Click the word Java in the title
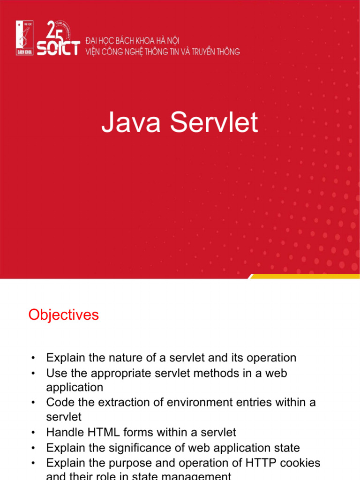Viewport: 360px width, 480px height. (131, 123)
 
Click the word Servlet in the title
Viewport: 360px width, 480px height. (213, 123)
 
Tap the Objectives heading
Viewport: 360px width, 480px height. (63, 315)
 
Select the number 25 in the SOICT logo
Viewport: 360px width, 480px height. (54, 30)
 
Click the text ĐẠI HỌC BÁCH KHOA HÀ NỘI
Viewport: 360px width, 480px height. (132, 41)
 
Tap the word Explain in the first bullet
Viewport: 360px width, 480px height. (65, 358)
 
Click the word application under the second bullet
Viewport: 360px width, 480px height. (75, 388)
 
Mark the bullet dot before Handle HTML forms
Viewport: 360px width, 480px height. (33, 433)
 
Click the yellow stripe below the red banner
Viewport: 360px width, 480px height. (305, 277)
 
